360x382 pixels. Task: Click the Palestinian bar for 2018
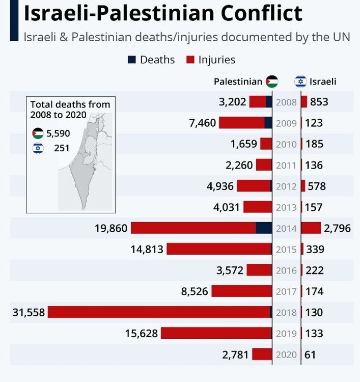(160, 312)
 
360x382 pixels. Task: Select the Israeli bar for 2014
(311, 228)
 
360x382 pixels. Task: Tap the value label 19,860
(111, 228)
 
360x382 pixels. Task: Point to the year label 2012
(286, 186)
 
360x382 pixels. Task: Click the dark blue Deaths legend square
(132, 60)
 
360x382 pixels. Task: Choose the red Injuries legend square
(190, 60)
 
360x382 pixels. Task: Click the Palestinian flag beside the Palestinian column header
(272, 81)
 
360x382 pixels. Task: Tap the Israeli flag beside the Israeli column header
(300, 81)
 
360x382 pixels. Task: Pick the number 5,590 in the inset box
(58, 133)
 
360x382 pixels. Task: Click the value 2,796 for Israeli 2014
(338, 228)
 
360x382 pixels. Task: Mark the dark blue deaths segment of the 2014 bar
(264, 228)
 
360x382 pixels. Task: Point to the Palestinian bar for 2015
(219, 249)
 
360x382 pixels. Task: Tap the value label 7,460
(203, 123)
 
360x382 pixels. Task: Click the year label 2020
(286, 354)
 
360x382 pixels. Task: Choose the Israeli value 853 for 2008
(319, 102)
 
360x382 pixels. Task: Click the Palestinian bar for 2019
(216, 333)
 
